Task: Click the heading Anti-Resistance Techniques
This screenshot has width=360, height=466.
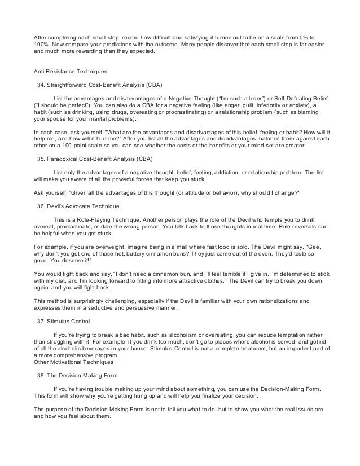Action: [x=69, y=72]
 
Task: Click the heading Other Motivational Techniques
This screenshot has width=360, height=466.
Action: [x=72, y=362]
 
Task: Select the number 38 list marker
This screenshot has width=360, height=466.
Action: [x=39, y=375]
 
